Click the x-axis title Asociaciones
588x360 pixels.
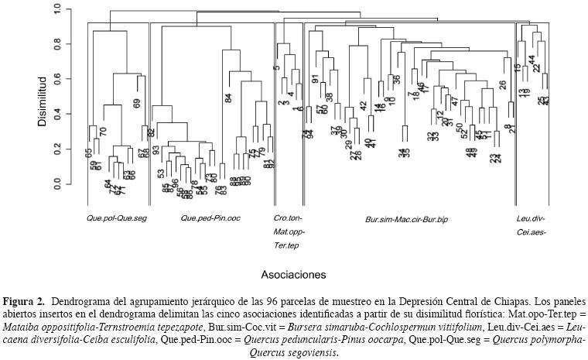point(293,274)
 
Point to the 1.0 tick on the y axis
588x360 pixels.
point(56,10)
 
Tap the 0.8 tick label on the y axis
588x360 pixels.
point(56,45)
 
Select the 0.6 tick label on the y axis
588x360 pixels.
point(56,80)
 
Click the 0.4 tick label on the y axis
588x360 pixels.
point(56,115)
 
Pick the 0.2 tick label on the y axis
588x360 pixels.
point(56,149)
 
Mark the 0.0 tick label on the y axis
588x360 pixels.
point(56,184)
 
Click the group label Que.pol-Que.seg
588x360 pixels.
point(117,218)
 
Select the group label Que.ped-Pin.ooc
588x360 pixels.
point(210,218)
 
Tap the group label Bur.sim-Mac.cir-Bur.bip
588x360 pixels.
point(406,220)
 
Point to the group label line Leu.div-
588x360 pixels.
point(532,218)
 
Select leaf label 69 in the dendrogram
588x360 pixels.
point(137,103)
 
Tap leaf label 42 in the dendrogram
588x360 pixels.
point(363,105)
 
